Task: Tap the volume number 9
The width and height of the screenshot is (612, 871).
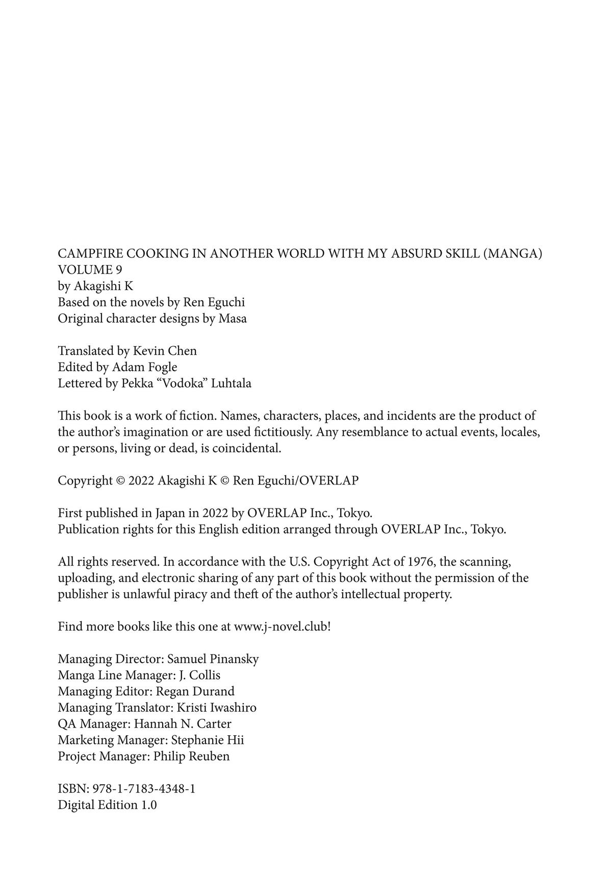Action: pos(118,270)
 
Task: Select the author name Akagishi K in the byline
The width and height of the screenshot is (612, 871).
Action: pos(104,286)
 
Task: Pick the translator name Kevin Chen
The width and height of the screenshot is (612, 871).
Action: pos(165,351)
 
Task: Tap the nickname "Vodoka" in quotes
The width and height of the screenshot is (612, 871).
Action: pos(187,383)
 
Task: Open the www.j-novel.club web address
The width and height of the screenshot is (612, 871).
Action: pos(280,627)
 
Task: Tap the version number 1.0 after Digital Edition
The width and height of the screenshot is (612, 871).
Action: pos(148,805)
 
